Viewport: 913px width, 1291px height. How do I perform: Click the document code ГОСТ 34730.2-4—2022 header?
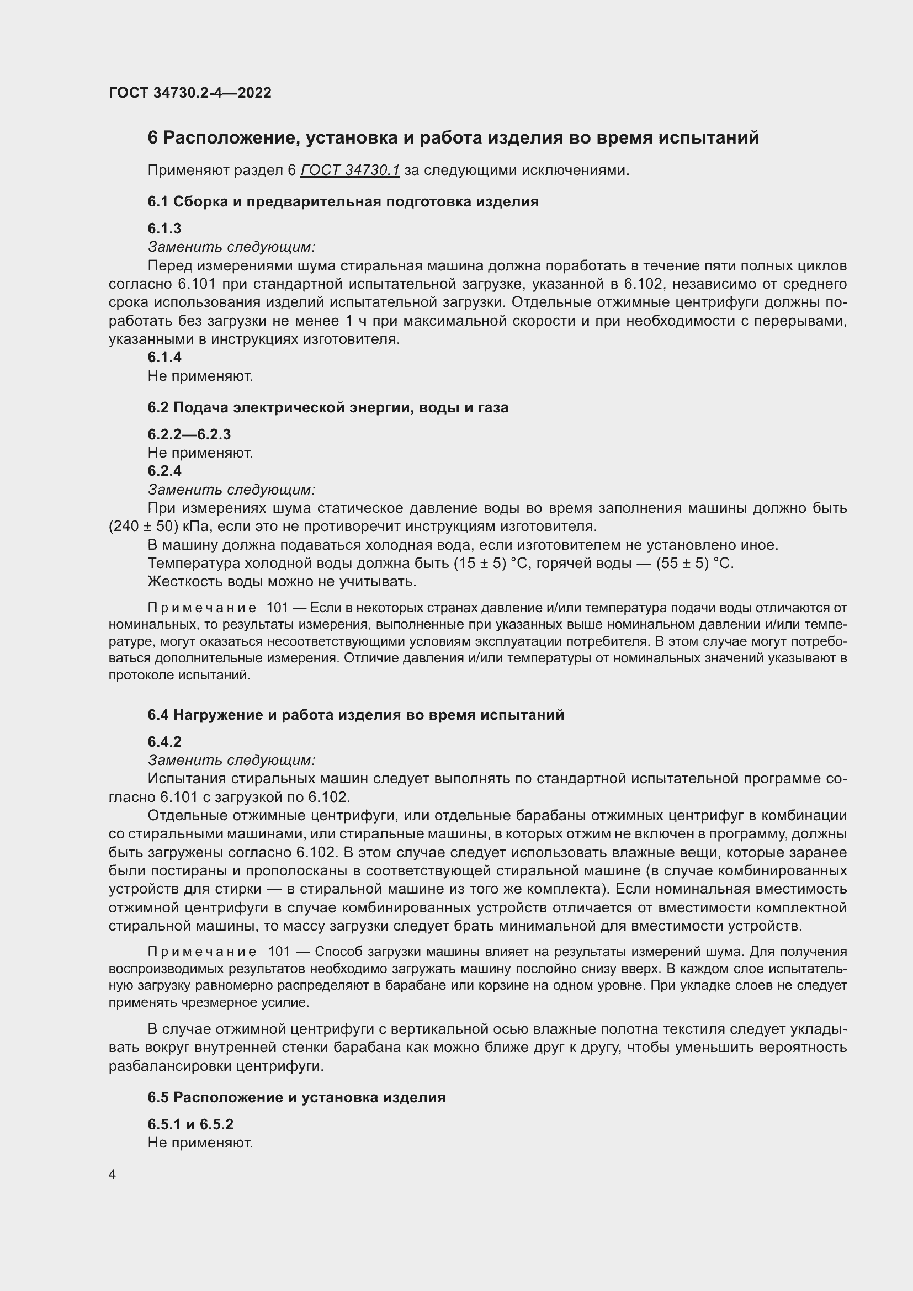[189, 93]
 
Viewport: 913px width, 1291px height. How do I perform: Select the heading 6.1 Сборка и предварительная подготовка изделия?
[343, 201]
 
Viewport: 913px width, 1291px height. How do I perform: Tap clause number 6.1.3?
[164, 229]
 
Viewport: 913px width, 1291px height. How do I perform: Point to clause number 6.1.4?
[164, 357]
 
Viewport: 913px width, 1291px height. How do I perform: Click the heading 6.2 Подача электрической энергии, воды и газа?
[328, 407]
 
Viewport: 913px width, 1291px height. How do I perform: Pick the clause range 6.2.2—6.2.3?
[189, 434]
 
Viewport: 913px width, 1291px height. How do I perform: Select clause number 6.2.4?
[164, 471]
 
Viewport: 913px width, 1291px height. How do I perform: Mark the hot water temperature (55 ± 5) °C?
[695, 563]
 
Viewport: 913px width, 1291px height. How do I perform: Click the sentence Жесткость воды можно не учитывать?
[282, 581]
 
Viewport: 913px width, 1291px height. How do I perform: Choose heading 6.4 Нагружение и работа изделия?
[355, 715]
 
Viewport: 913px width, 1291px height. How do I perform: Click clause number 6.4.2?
[164, 742]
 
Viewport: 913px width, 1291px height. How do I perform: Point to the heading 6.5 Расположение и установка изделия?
[296, 1097]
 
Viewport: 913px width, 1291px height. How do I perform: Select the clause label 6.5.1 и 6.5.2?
[190, 1124]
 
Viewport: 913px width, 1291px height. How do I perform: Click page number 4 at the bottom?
[112, 1175]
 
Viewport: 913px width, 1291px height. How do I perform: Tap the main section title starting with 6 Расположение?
[453, 138]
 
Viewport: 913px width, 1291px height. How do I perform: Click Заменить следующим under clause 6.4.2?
[231, 760]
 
